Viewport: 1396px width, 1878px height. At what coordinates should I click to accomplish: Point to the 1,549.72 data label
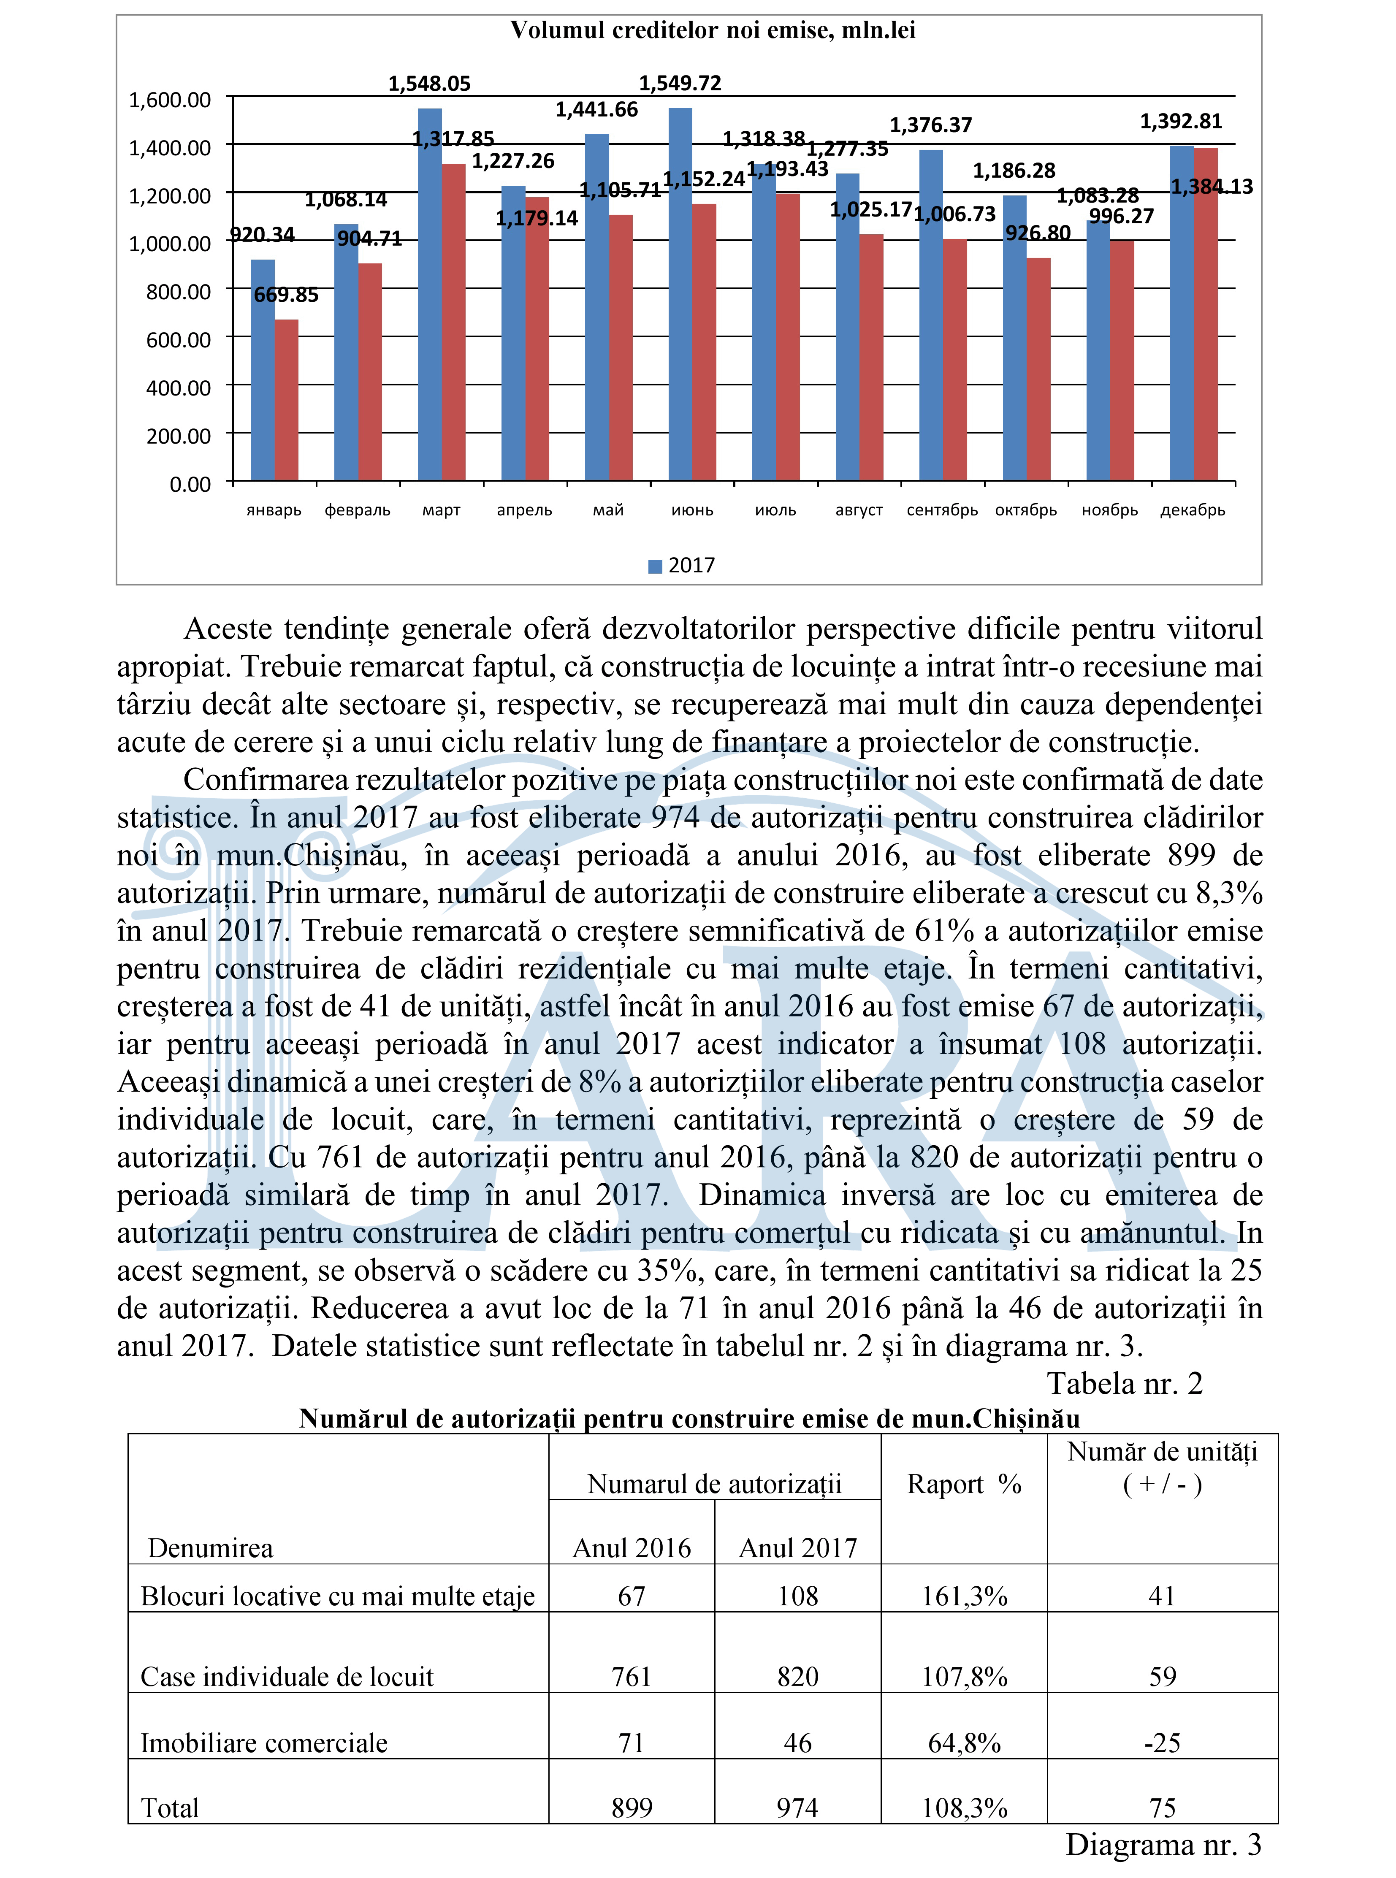click(x=680, y=83)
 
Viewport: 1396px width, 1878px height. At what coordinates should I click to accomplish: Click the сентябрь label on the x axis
click(x=942, y=510)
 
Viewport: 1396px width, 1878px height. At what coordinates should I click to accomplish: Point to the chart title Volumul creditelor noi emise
click(x=713, y=30)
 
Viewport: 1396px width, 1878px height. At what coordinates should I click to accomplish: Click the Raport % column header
click(x=964, y=1508)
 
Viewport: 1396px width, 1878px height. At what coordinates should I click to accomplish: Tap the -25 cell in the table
click(x=1162, y=1743)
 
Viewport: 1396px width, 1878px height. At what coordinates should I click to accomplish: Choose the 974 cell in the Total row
click(x=798, y=1808)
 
